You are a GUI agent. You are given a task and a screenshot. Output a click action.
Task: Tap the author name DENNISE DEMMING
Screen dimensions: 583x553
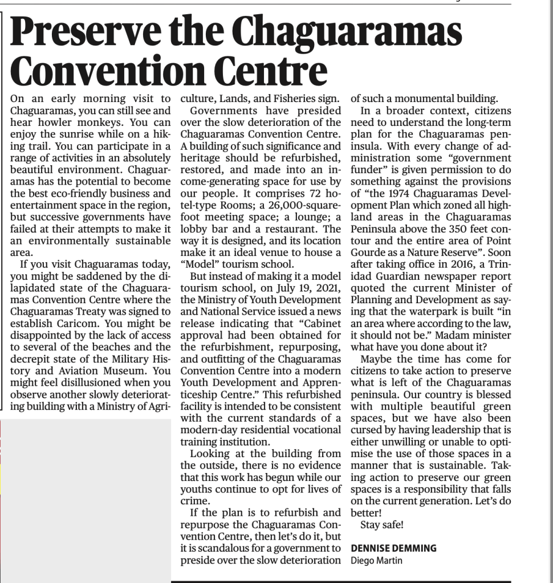(x=393, y=548)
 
